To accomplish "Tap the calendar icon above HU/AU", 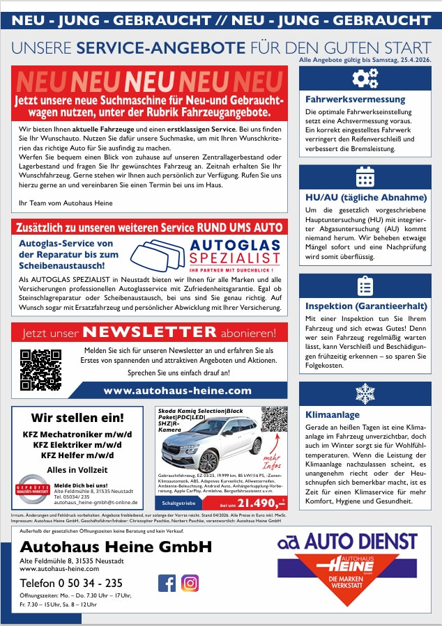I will point(365,177).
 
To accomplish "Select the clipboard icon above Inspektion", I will point(365,286).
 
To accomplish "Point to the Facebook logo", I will point(167,583).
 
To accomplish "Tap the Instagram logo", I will point(190,583).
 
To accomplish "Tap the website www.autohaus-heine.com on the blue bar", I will point(177,391).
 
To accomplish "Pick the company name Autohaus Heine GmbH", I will point(116,547).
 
